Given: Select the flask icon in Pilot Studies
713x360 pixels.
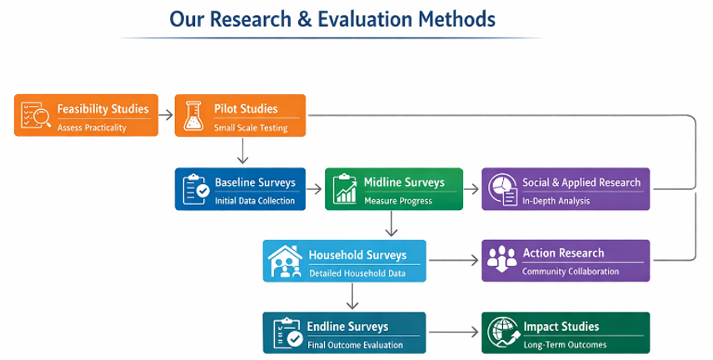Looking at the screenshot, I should click(x=194, y=115).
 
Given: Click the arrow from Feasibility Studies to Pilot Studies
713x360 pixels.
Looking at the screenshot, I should click(x=166, y=115).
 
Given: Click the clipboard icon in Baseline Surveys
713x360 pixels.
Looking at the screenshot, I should click(x=195, y=188).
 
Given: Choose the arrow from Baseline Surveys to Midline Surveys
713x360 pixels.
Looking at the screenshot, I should click(x=315, y=188).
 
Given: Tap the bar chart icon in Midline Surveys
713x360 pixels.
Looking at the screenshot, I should click(x=344, y=188).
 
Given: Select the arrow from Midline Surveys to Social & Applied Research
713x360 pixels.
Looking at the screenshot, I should click(x=471, y=188).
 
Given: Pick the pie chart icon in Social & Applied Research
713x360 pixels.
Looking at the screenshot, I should click(x=501, y=188).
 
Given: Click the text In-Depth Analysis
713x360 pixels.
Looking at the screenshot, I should click(x=556, y=201).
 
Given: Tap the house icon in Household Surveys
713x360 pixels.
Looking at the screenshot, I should click(x=283, y=260).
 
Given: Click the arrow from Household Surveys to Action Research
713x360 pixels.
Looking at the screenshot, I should click(x=454, y=261).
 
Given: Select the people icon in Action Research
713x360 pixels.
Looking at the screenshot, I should click(x=501, y=260).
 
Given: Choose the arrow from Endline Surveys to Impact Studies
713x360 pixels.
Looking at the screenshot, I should click(x=454, y=332).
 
